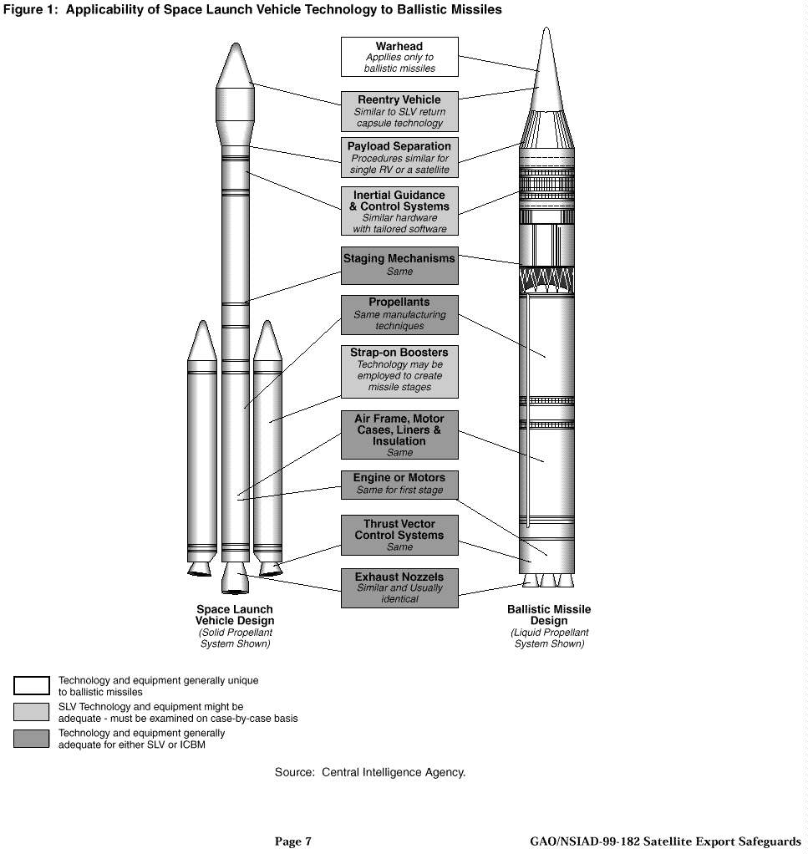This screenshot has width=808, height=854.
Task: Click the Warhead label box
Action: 399,57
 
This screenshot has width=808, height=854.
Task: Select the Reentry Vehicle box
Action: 399,111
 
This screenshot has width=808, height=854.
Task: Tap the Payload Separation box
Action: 399,157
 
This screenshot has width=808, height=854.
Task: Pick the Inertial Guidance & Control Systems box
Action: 399,211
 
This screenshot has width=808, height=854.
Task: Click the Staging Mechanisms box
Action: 399,264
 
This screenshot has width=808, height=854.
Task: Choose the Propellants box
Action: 399,314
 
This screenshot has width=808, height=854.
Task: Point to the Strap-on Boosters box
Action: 399,370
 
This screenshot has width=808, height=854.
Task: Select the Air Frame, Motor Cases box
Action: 399,435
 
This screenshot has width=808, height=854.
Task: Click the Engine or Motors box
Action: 399,485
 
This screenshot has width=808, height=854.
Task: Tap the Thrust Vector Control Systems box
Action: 399,535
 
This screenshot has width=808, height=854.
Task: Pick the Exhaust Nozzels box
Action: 399,587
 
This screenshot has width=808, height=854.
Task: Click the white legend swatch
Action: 32,686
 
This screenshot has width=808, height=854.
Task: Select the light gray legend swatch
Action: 32,712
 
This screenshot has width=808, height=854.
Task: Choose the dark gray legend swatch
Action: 32,739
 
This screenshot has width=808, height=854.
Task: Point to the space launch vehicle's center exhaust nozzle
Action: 236,578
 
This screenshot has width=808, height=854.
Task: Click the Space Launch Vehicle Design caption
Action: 235,615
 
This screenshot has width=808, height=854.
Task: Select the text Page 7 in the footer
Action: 292,841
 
